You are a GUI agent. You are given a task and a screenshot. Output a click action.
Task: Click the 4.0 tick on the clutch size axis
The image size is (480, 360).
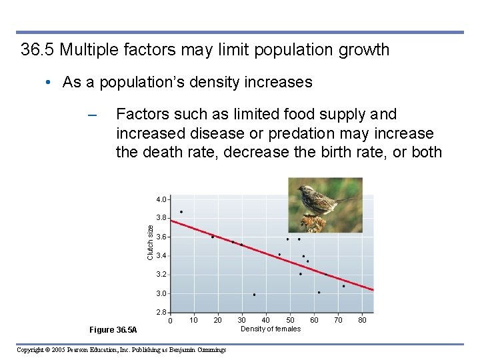(161, 199)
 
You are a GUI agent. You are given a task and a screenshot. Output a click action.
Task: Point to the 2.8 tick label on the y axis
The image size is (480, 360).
(161, 312)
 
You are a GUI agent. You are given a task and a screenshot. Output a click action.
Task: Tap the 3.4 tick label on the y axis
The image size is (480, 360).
(161, 256)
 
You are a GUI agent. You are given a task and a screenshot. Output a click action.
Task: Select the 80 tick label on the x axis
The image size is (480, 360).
(362, 321)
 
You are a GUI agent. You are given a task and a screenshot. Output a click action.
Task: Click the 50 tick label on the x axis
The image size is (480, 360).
(290, 321)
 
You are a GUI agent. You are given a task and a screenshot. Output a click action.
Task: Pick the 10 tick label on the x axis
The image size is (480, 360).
(193, 321)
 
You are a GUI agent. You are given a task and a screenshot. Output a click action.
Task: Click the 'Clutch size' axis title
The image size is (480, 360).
(150, 243)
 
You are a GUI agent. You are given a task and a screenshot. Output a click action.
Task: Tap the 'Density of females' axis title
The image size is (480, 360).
(270, 329)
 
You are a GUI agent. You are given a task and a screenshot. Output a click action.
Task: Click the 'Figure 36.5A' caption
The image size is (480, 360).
(113, 330)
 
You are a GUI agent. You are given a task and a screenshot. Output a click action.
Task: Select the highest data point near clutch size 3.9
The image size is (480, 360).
(181, 212)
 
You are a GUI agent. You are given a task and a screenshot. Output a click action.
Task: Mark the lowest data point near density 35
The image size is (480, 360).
(254, 295)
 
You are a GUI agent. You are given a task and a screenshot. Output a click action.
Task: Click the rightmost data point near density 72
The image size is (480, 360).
(344, 286)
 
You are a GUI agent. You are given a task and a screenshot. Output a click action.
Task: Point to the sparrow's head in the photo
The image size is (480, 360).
(307, 191)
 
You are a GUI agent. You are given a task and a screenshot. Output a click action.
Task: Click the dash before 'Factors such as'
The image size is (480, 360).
(93, 116)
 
